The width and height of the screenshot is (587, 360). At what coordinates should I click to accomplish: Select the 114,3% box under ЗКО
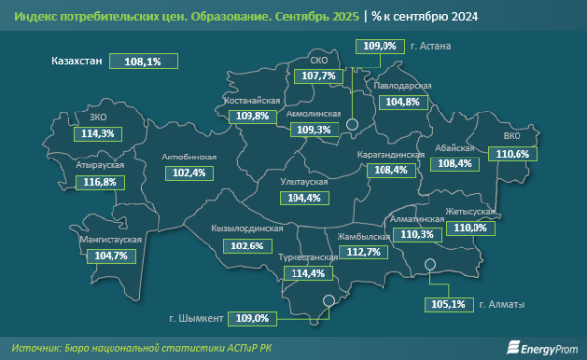99,133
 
